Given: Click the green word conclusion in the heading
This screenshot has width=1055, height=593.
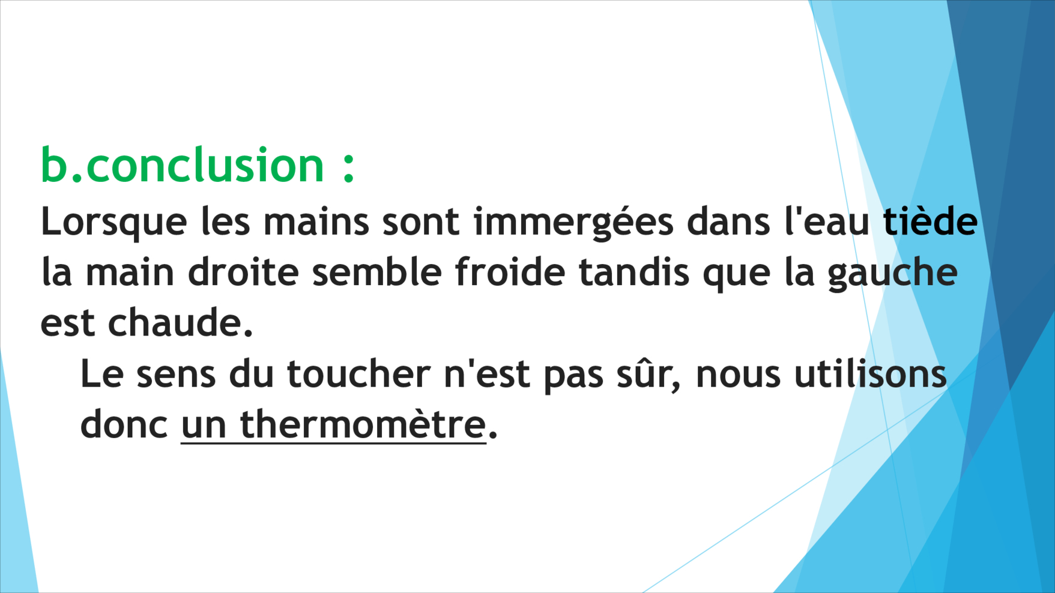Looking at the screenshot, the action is (x=205, y=165).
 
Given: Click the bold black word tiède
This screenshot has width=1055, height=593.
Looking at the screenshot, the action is (x=930, y=221).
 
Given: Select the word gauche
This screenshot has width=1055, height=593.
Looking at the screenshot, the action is (x=892, y=274).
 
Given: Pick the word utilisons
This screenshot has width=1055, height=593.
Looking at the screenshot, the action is (x=871, y=373).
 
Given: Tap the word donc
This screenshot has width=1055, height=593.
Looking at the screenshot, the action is (x=124, y=424).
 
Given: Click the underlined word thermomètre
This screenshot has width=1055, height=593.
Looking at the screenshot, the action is (x=363, y=424).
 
